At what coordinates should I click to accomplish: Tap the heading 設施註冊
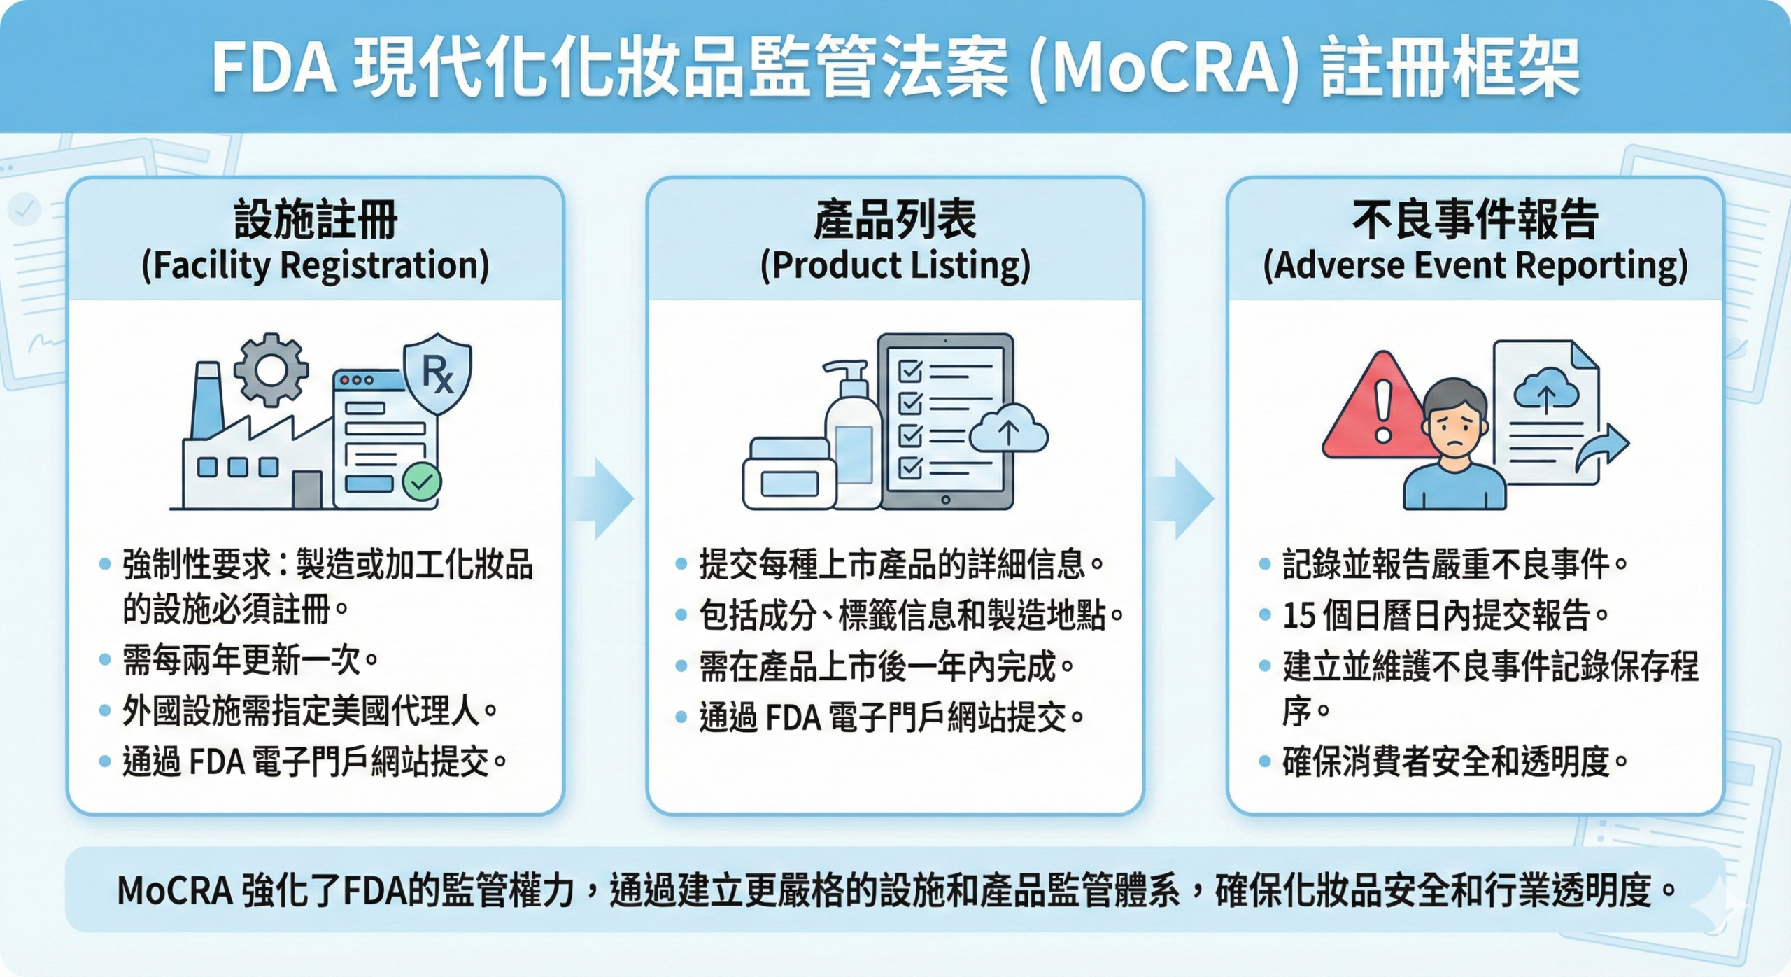click(316, 219)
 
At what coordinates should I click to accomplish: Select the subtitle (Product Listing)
click(895, 266)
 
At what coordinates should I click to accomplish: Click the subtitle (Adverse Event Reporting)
click(1475, 266)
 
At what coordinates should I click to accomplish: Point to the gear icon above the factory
click(271, 369)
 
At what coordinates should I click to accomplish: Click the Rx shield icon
click(438, 373)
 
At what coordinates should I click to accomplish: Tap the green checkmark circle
click(422, 481)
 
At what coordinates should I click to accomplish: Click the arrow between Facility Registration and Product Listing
click(603, 498)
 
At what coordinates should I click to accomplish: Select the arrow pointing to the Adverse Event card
click(1184, 498)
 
